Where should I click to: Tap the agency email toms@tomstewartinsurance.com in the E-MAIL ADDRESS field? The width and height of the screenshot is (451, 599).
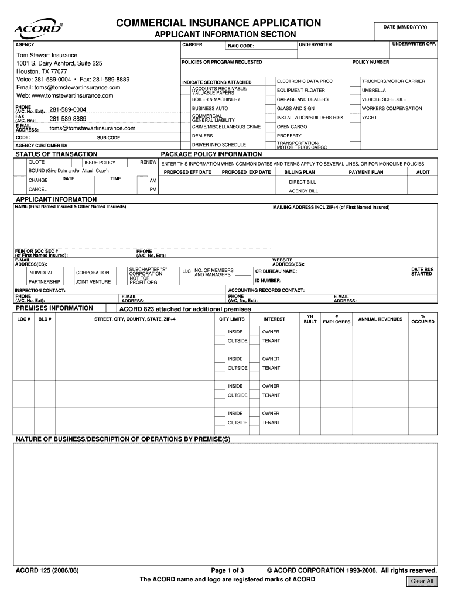(x=92, y=128)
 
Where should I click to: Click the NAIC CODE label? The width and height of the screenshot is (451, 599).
(x=241, y=46)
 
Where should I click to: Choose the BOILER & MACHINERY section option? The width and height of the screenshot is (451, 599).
(x=216, y=99)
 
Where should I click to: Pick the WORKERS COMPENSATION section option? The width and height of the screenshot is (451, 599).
(x=391, y=108)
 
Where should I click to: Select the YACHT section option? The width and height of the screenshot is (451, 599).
(x=369, y=118)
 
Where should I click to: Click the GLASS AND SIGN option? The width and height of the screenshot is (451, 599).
(x=295, y=108)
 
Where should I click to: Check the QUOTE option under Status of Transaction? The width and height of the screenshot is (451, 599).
(x=36, y=162)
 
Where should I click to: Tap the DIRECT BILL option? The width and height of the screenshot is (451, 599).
(x=302, y=182)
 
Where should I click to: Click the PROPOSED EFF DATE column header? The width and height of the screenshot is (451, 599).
(x=187, y=173)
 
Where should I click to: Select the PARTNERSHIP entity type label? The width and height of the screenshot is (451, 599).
(x=44, y=281)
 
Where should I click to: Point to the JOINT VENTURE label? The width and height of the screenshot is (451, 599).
(x=90, y=281)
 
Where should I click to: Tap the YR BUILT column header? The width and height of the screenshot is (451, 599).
(x=310, y=319)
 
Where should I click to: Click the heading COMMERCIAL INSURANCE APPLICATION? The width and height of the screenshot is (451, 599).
(x=218, y=23)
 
